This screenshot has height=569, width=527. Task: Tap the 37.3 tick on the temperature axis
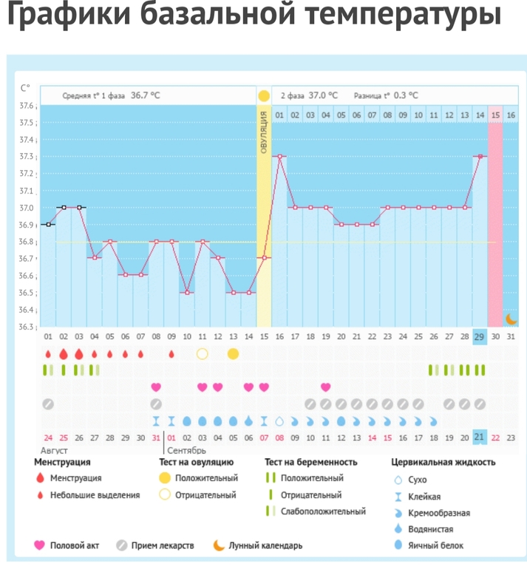[27, 157]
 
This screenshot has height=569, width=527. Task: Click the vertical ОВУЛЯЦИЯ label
[264, 133]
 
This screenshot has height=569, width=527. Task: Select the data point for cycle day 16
[279, 157]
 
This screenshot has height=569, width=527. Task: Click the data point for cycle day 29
[480, 157]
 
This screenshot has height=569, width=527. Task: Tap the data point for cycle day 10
[187, 293]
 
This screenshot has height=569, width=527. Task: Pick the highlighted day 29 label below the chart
[480, 337]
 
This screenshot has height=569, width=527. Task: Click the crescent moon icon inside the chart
[510, 318]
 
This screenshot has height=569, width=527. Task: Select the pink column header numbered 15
[495, 115]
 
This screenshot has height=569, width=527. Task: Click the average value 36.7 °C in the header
[146, 95]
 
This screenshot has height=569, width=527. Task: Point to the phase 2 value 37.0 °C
[323, 95]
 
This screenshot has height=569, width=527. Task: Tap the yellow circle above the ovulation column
[264, 96]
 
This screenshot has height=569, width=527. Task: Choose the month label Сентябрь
[187, 449]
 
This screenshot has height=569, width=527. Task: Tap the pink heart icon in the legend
[40, 546]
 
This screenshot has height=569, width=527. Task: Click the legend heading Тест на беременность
[311, 463]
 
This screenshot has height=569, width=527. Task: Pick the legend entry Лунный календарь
[265, 546]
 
